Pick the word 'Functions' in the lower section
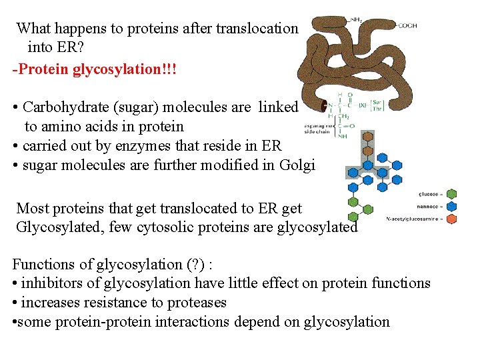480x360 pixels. (x=43, y=264)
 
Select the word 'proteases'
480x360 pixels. (x=193, y=303)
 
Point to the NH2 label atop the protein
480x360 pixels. (x=357, y=21)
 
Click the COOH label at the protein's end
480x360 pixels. (x=407, y=25)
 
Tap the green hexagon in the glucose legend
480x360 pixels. (x=451, y=195)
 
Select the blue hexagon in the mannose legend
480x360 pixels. (x=451, y=207)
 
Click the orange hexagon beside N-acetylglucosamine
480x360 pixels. (x=451, y=219)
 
